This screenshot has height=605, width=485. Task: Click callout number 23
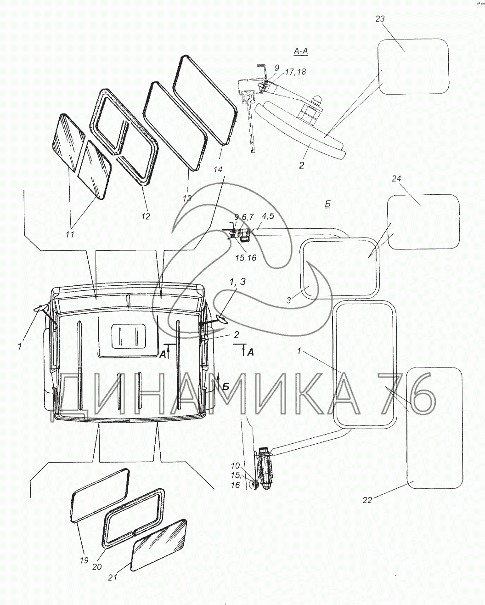pyautogui.click(x=380, y=19)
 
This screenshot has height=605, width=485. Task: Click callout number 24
pyautogui.click(x=396, y=179)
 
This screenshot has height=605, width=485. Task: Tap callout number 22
pyautogui.click(x=367, y=500)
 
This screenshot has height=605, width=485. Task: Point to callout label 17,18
pyautogui.click(x=295, y=72)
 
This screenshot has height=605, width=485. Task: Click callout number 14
pyautogui.click(x=218, y=170)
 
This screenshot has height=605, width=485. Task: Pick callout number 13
pyautogui.click(x=187, y=198)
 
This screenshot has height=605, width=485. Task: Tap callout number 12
pyautogui.click(x=146, y=216)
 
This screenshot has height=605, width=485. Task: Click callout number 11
pyautogui.click(x=70, y=234)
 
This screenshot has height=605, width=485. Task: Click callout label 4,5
pyautogui.click(x=267, y=216)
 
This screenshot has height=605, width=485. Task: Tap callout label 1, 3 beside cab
pyautogui.click(x=237, y=282)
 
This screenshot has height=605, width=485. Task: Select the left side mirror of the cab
pyautogui.click(x=39, y=308)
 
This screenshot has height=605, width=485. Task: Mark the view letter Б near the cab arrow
pyautogui.click(x=226, y=387)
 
